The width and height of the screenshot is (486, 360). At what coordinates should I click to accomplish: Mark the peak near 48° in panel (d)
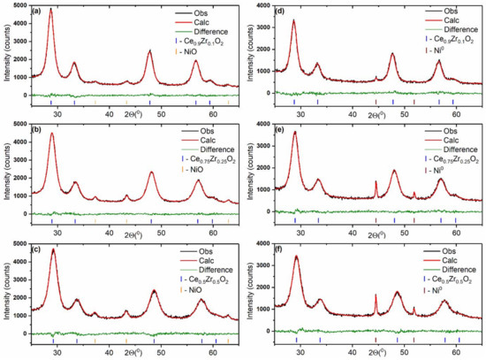pos(392,54)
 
